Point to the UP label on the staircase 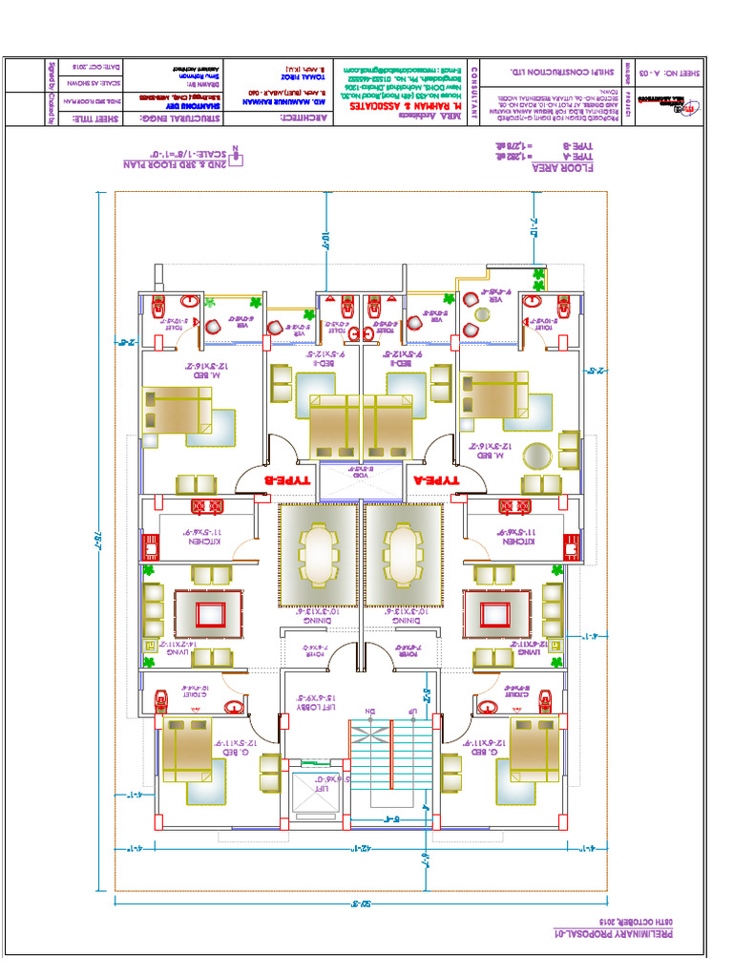coord(412,711)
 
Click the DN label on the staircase coord(372,711)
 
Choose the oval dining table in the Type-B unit coord(318,556)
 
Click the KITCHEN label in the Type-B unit coord(205,539)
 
